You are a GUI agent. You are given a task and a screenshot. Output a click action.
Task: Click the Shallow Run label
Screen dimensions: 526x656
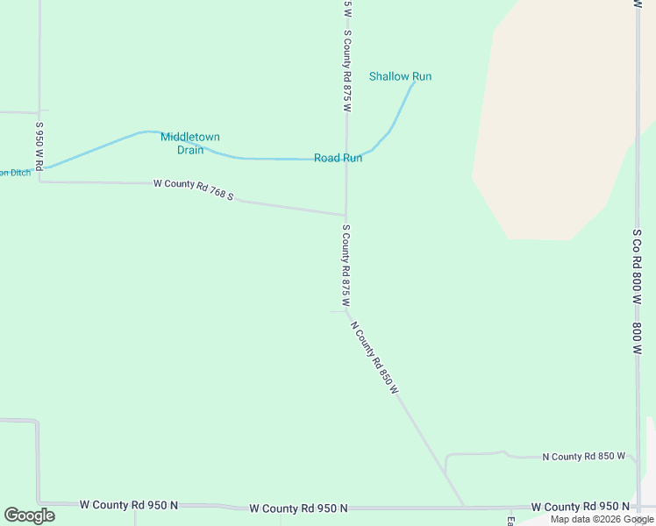tap(400, 76)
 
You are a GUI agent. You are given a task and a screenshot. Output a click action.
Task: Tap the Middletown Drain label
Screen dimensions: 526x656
tap(189, 143)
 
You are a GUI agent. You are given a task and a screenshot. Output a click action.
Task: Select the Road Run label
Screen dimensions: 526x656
tap(338, 158)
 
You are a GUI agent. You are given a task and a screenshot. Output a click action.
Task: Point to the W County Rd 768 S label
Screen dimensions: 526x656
tap(193, 189)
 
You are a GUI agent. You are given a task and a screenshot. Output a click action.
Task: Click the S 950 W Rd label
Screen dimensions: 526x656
tap(39, 146)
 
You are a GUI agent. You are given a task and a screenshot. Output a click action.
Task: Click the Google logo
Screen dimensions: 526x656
tap(29, 515)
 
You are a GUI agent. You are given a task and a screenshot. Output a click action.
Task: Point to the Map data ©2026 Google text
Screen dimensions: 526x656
tap(601, 519)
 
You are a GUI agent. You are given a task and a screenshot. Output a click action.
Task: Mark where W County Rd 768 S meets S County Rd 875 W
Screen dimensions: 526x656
tap(346, 215)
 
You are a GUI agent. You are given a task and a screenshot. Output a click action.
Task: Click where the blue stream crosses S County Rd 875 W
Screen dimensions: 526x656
tap(346, 158)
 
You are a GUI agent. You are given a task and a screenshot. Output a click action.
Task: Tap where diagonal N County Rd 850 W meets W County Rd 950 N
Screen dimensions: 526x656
tap(464, 507)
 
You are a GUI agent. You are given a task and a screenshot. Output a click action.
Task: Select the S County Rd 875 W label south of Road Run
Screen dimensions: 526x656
tap(346, 265)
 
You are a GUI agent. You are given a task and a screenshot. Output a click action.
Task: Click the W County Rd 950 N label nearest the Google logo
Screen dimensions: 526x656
tap(128, 505)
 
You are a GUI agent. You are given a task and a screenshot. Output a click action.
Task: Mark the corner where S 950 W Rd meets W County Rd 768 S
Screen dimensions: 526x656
tap(39, 181)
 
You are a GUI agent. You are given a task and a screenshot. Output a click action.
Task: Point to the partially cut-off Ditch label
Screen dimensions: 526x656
tap(15, 173)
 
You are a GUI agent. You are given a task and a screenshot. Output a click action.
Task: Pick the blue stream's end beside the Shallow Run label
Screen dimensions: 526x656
tap(414, 84)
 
